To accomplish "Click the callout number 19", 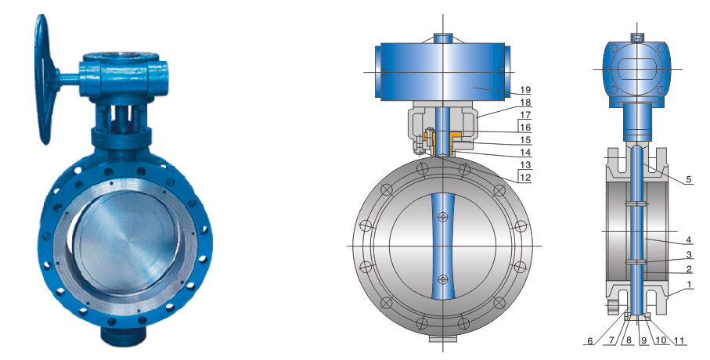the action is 525,90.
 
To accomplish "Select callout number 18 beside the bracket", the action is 525,103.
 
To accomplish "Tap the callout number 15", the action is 525,140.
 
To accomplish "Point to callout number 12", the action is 525,178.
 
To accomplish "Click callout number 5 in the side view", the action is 689,179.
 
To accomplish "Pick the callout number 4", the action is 689,239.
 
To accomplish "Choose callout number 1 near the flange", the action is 689,285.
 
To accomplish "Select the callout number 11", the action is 680,340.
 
